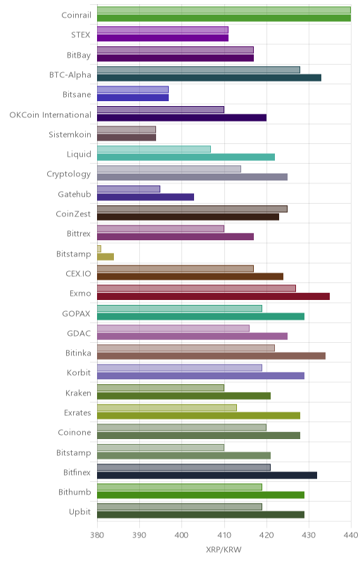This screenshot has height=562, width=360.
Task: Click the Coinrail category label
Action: (x=76, y=15)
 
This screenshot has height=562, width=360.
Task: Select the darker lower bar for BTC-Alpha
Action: (x=209, y=78)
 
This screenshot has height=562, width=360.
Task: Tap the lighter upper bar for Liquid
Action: (x=154, y=149)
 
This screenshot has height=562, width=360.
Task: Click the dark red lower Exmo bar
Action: (x=213, y=296)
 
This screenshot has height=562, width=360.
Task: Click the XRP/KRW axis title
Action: (x=224, y=550)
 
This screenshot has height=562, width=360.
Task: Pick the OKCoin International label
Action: (x=50, y=115)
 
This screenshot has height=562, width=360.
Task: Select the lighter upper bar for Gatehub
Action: (x=129, y=189)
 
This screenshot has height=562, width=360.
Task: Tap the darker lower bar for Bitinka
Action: (x=211, y=356)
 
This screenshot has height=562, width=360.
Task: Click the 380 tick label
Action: (x=97, y=535)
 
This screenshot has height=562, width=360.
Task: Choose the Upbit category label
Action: (x=79, y=512)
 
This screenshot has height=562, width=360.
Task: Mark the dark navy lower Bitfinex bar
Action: (x=207, y=476)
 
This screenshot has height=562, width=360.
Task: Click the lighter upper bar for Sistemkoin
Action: (x=127, y=129)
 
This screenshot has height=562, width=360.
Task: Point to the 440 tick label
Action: (x=351, y=535)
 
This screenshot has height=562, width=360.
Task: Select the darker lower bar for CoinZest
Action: (x=188, y=217)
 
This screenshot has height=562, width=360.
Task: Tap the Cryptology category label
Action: (x=68, y=174)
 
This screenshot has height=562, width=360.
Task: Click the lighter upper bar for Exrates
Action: (x=167, y=407)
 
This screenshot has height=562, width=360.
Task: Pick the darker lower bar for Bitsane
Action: (x=133, y=98)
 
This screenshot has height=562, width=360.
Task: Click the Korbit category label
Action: (x=79, y=373)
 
